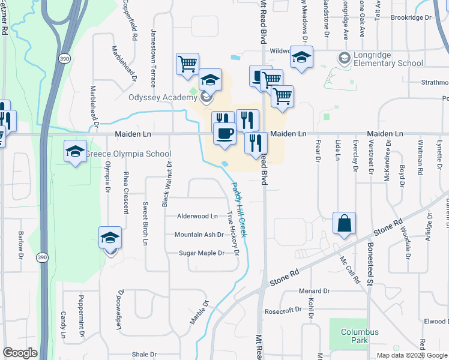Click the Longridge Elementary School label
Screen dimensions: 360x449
click(x=388, y=59)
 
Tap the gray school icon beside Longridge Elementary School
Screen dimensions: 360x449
click(x=345, y=58)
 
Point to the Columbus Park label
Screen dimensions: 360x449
click(x=360, y=336)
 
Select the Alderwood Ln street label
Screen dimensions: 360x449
click(x=197, y=216)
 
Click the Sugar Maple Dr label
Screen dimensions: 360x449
click(x=202, y=253)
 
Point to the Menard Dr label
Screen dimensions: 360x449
click(x=314, y=291)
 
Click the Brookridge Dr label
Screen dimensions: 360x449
click(x=411, y=18)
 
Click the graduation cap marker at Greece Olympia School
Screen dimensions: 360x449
click(x=76, y=151)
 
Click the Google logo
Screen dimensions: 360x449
click(x=20, y=353)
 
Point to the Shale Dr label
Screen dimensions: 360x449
click(x=145, y=354)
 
